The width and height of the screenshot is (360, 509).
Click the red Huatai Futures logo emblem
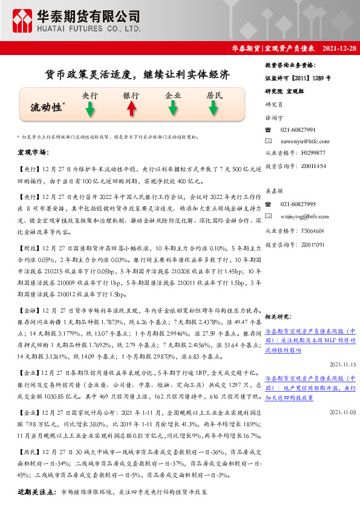pos(24,20)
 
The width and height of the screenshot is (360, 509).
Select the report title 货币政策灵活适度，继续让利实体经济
pos(139,75)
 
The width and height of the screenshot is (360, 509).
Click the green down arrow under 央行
pos(90,109)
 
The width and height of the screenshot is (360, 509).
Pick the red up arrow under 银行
pos(131,109)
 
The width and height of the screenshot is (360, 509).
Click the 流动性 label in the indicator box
pos(47,108)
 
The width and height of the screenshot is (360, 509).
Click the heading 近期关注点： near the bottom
pos(35,492)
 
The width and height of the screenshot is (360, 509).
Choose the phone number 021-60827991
pos(298,130)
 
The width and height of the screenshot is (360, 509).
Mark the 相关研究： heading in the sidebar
pos(279,316)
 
